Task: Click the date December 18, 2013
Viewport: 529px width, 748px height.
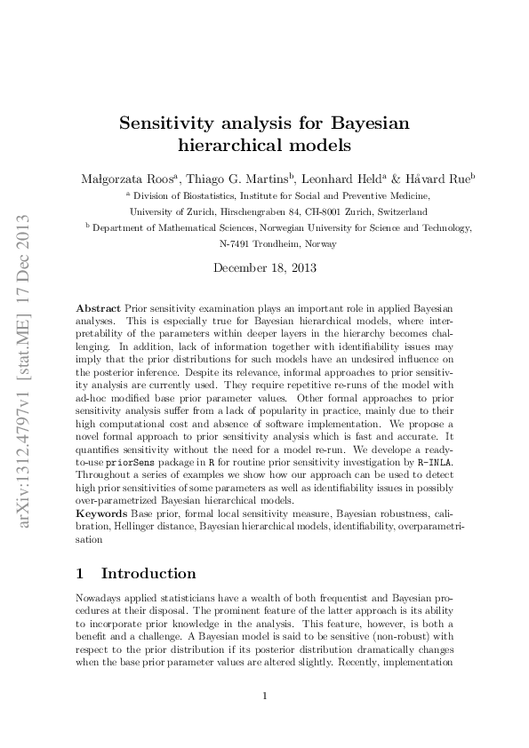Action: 264,267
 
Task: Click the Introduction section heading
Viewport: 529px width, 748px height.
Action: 148,574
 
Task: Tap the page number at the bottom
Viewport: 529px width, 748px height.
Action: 265,696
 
